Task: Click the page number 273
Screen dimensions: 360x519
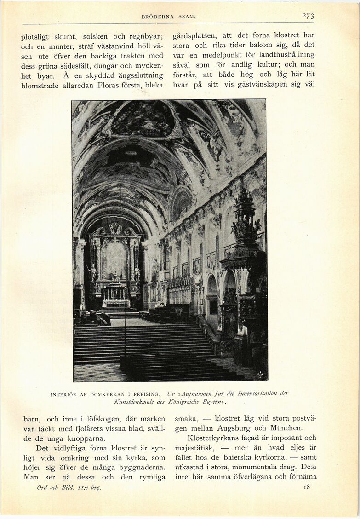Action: pyautogui.click(x=308, y=16)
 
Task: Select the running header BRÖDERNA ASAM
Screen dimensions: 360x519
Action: pyautogui.click(x=169, y=17)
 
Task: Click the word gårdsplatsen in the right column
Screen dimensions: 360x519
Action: pyautogui.click(x=194, y=35)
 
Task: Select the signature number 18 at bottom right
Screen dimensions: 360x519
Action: pyautogui.click(x=307, y=486)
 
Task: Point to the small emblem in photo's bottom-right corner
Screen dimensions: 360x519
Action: pyautogui.click(x=260, y=375)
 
